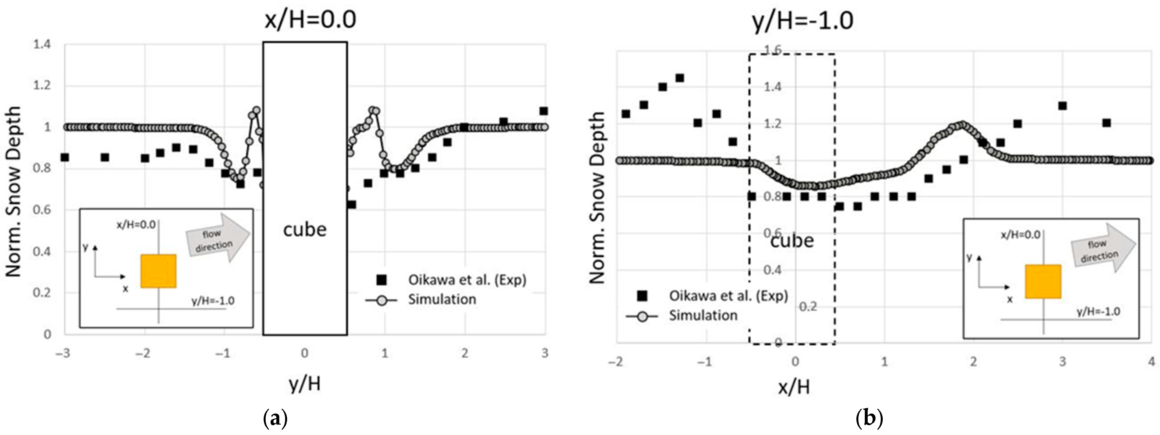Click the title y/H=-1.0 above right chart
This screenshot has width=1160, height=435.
tap(803, 21)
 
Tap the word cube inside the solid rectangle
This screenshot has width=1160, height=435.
tap(305, 230)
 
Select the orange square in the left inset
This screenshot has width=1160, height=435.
tap(158, 271)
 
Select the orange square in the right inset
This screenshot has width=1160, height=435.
tap(1043, 282)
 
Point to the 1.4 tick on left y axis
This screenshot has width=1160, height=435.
tap(42, 45)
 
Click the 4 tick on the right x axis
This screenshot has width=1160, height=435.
tap(1151, 362)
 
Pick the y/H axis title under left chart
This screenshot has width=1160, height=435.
tap(305, 384)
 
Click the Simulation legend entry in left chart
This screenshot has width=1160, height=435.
tap(442, 299)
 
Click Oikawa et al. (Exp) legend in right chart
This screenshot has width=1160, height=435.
tap(728, 296)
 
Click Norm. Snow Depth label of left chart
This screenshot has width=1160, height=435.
tap(14, 191)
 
